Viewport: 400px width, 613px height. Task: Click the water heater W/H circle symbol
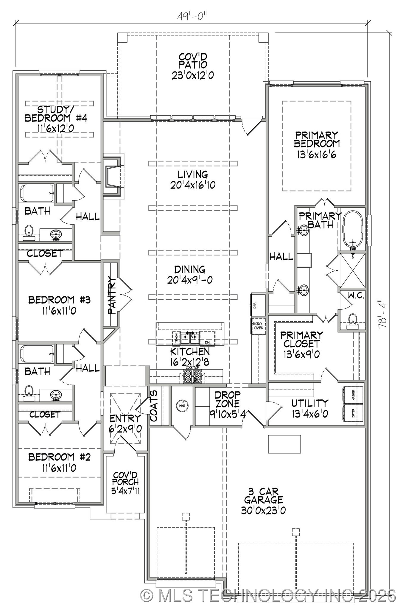(x=182, y=406)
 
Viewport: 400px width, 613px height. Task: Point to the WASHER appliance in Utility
(x=353, y=395)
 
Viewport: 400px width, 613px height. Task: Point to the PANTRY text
(x=111, y=295)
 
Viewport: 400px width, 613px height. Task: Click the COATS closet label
(x=155, y=406)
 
